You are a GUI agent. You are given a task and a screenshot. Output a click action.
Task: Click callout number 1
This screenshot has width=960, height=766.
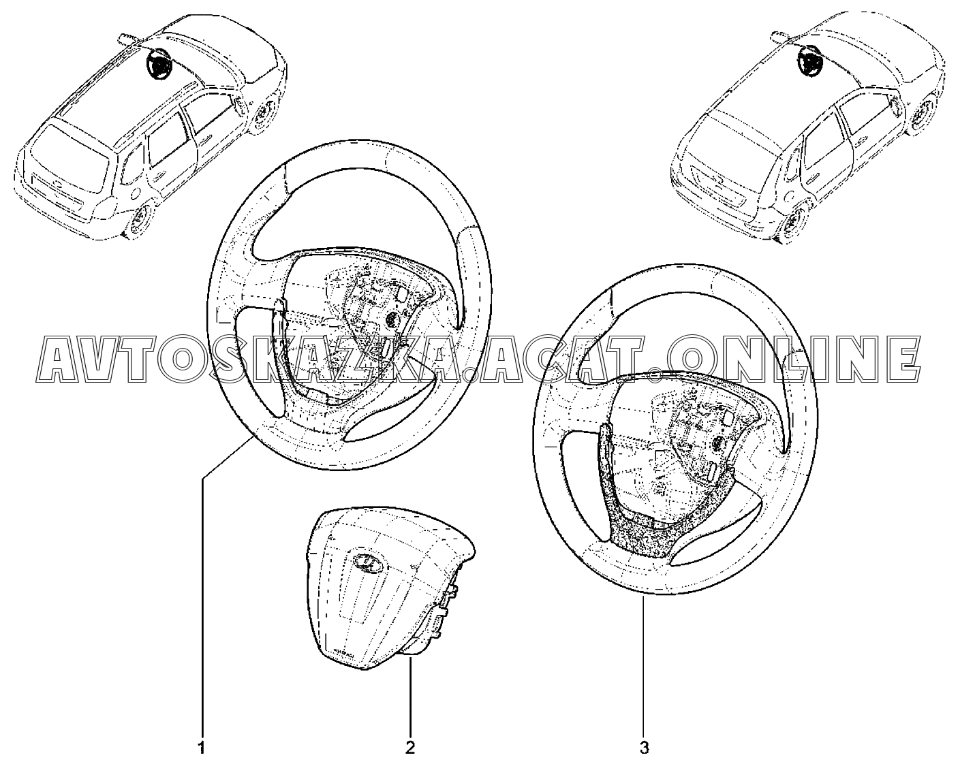202,748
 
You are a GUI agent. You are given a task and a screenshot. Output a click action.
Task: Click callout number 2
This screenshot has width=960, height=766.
410,748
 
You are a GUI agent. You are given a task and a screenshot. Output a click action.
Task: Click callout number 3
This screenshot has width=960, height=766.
644,748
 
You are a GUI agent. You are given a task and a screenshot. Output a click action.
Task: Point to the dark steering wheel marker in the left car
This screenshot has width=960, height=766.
157,64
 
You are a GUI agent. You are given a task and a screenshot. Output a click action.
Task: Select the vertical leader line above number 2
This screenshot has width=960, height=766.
410,700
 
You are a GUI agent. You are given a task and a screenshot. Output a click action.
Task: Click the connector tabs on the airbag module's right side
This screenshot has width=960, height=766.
446,611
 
